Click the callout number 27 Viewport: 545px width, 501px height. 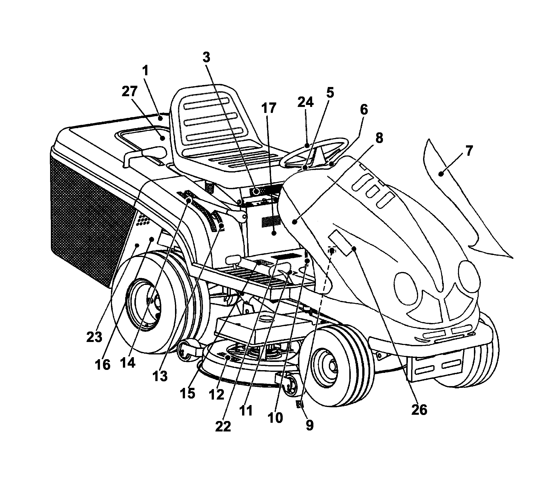point(129,92)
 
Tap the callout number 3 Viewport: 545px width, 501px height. point(206,58)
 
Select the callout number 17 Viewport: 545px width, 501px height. point(269,108)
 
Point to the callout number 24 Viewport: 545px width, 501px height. point(305,102)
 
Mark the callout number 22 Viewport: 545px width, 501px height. point(223,426)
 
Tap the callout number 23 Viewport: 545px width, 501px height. point(94,337)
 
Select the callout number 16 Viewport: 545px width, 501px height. point(102,365)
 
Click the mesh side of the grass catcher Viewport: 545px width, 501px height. point(90,217)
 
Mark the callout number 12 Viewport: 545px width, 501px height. point(216,395)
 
